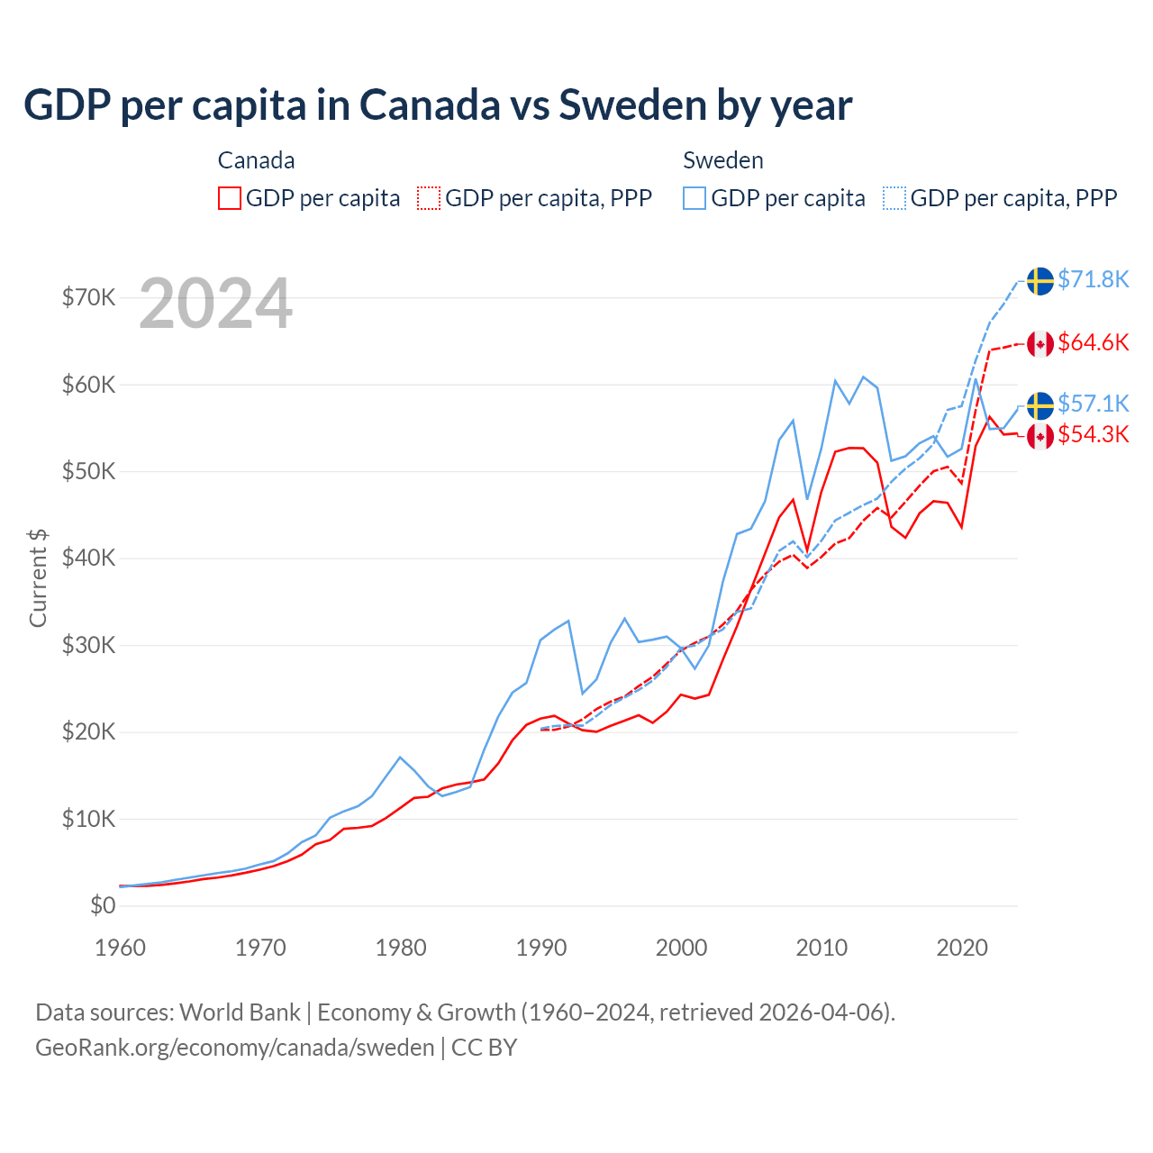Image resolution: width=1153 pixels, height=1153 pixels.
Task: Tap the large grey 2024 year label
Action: [x=215, y=304]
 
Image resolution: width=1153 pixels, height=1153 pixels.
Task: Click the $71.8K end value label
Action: [x=1093, y=279]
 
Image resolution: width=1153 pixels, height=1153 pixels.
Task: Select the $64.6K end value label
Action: [x=1093, y=342]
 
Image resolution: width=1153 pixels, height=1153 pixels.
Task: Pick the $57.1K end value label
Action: [x=1093, y=404]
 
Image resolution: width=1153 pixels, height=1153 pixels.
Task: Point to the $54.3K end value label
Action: [x=1093, y=435]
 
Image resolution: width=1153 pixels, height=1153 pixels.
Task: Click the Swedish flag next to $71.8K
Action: [x=1040, y=281]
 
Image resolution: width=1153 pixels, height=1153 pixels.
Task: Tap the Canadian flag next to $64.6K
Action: [x=1040, y=343]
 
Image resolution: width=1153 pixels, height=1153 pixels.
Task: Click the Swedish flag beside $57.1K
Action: [x=1040, y=405]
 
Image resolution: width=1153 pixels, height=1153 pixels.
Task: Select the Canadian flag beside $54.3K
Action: [x=1040, y=437]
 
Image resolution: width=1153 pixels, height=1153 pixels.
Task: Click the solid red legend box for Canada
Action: [x=230, y=198]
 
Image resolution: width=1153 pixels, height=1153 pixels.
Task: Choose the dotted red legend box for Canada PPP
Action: [x=429, y=198]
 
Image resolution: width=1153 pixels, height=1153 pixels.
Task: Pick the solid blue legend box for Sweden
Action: [x=695, y=198]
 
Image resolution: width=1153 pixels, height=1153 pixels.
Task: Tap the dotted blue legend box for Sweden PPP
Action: [x=894, y=198]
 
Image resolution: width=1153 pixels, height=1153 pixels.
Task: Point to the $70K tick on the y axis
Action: [x=88, y=297]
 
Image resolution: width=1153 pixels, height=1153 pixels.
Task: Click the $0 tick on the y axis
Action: [x=103, y=905]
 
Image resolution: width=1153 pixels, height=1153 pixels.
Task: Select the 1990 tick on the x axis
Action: [x=541, y=948]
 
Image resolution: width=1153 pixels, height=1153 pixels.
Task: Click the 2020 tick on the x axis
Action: [x=962, y=948]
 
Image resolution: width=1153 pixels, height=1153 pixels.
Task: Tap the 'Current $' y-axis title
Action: [x=38, y=577]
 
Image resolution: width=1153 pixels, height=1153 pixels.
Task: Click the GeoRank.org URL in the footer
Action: [x=234, y=1048]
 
